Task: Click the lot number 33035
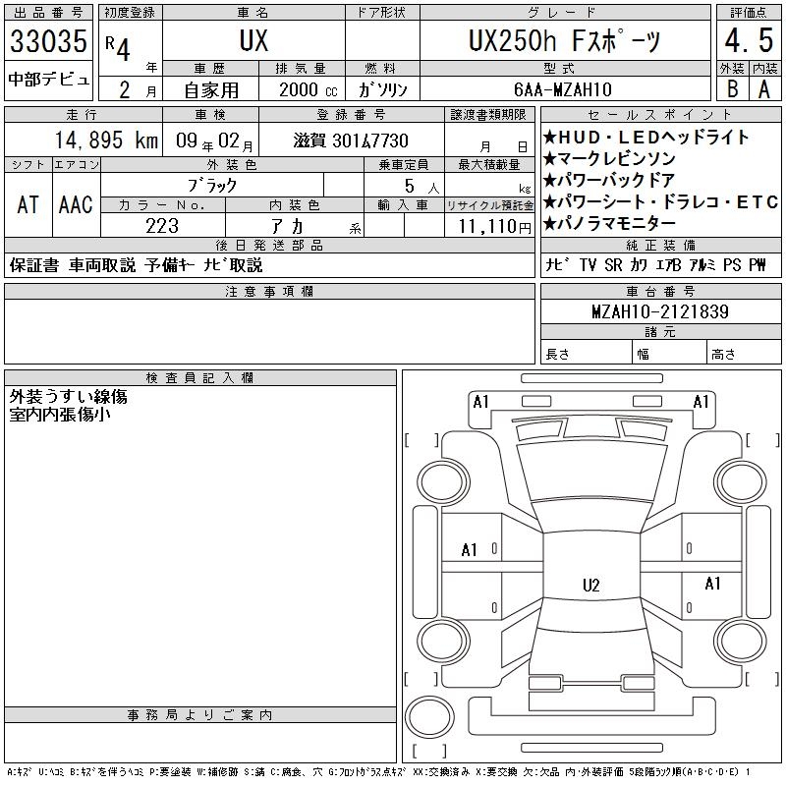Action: coord(48,41)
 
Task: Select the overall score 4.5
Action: coord(749,40)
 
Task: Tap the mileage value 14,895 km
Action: coord(106,140)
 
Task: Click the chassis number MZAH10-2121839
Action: coord(660,311)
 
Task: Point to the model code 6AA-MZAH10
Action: coord(563,89)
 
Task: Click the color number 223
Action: coord(162,226)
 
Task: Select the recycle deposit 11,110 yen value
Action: coord(495,227)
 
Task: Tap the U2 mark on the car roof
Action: coord(591,585)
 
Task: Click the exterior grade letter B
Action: coord(732,89)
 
